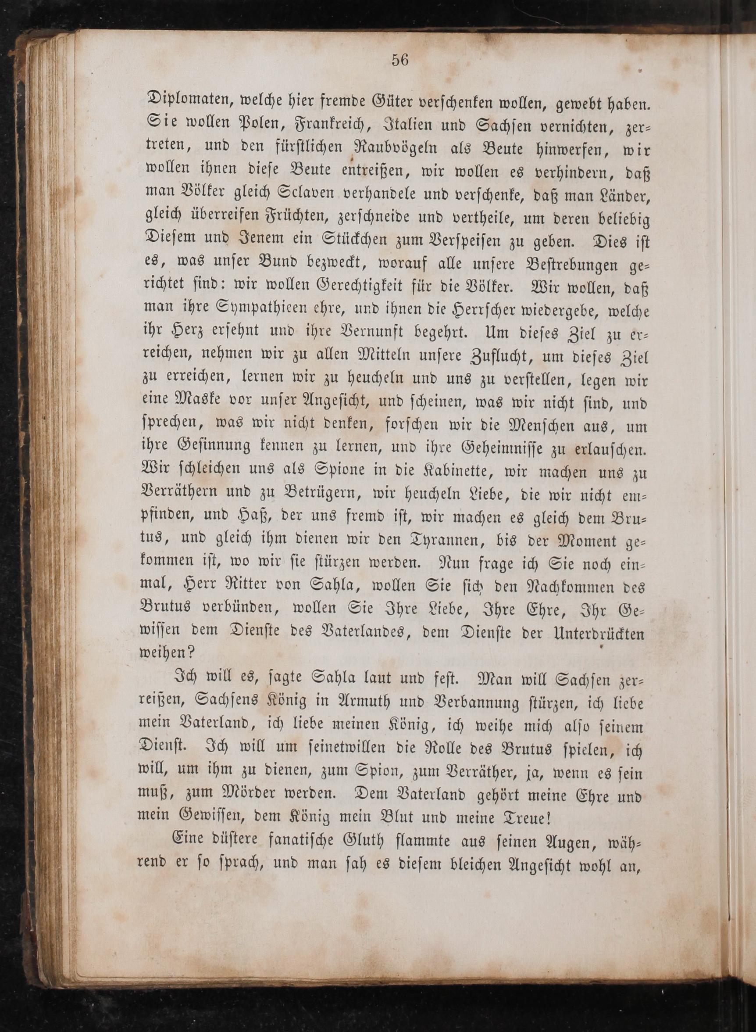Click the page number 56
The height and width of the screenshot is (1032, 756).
coord(399,61)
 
